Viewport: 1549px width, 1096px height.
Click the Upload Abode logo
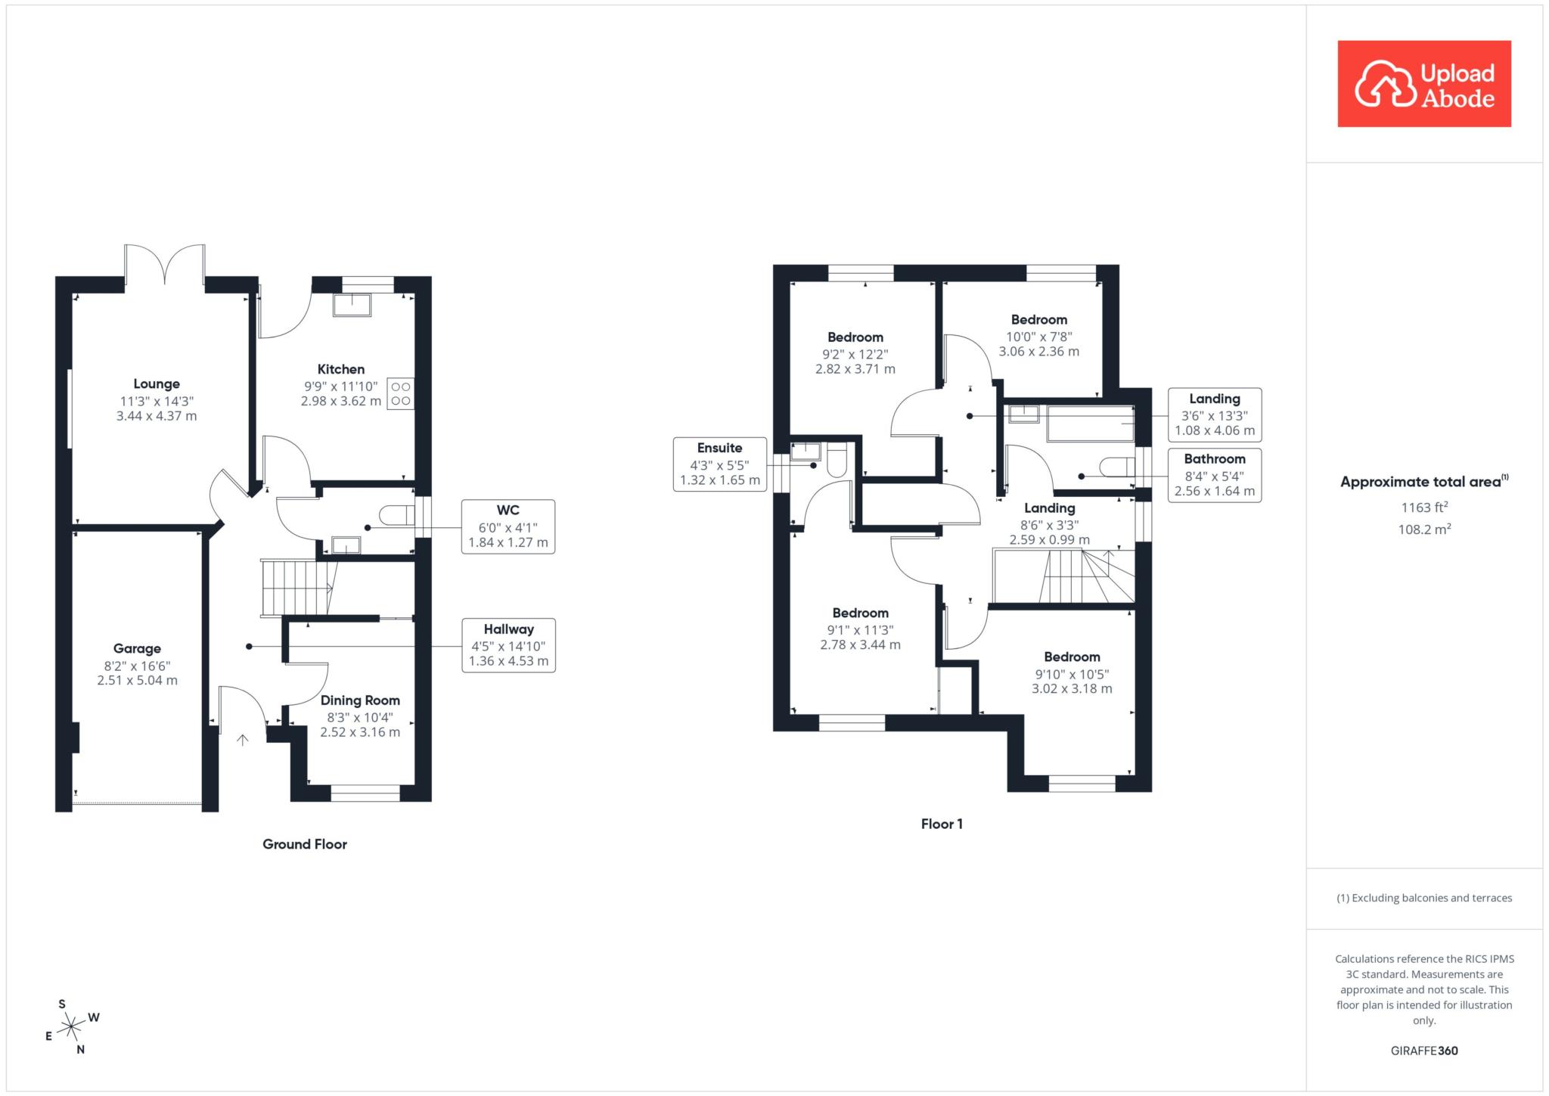coord(1424,84)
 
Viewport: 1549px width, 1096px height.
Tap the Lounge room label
coord(157,384)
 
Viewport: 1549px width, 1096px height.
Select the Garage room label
coord(137,649)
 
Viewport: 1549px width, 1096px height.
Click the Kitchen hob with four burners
coord(401,393)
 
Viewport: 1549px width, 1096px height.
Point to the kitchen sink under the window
coord(352,304)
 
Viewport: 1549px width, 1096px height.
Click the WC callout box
coord(508,526)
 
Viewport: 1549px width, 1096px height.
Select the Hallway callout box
coord(508,645)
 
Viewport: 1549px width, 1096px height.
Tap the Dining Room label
coord(360,700)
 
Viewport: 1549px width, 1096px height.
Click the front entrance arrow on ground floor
coord(243,740)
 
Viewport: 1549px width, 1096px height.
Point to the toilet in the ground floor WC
coord(396,515)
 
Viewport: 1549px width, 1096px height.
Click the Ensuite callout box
coord(720,464)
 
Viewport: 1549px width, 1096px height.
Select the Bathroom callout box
coord(1215,475)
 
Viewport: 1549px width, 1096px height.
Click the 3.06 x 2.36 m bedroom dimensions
coord(1039,352)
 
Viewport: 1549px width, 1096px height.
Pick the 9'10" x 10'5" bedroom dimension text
coord(1072,675)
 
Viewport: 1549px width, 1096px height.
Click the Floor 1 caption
coord(942,824)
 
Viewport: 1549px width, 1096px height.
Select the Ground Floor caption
coord(305,844)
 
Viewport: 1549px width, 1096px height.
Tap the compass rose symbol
coord(72,1027)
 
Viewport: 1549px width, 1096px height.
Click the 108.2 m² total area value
coord(1424,529)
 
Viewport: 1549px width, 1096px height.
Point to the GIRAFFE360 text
coord(1424,1051)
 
